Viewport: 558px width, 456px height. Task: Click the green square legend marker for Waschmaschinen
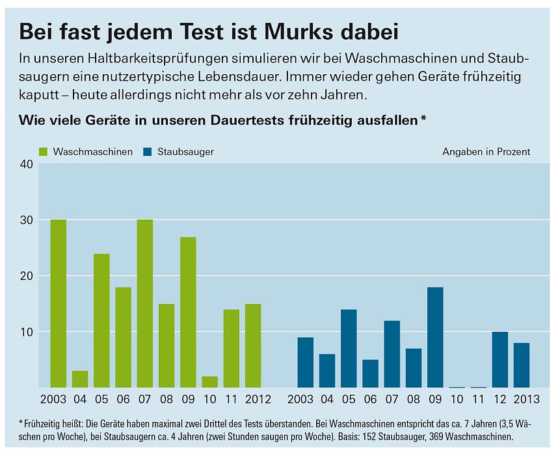tap(44, 152)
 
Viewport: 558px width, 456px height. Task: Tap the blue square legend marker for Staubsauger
tap(148, 152)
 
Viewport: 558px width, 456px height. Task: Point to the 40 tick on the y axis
tap(26, 164)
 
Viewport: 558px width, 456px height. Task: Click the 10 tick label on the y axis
tap(26, 332)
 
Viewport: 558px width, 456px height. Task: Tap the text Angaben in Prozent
tap(486, 152)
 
